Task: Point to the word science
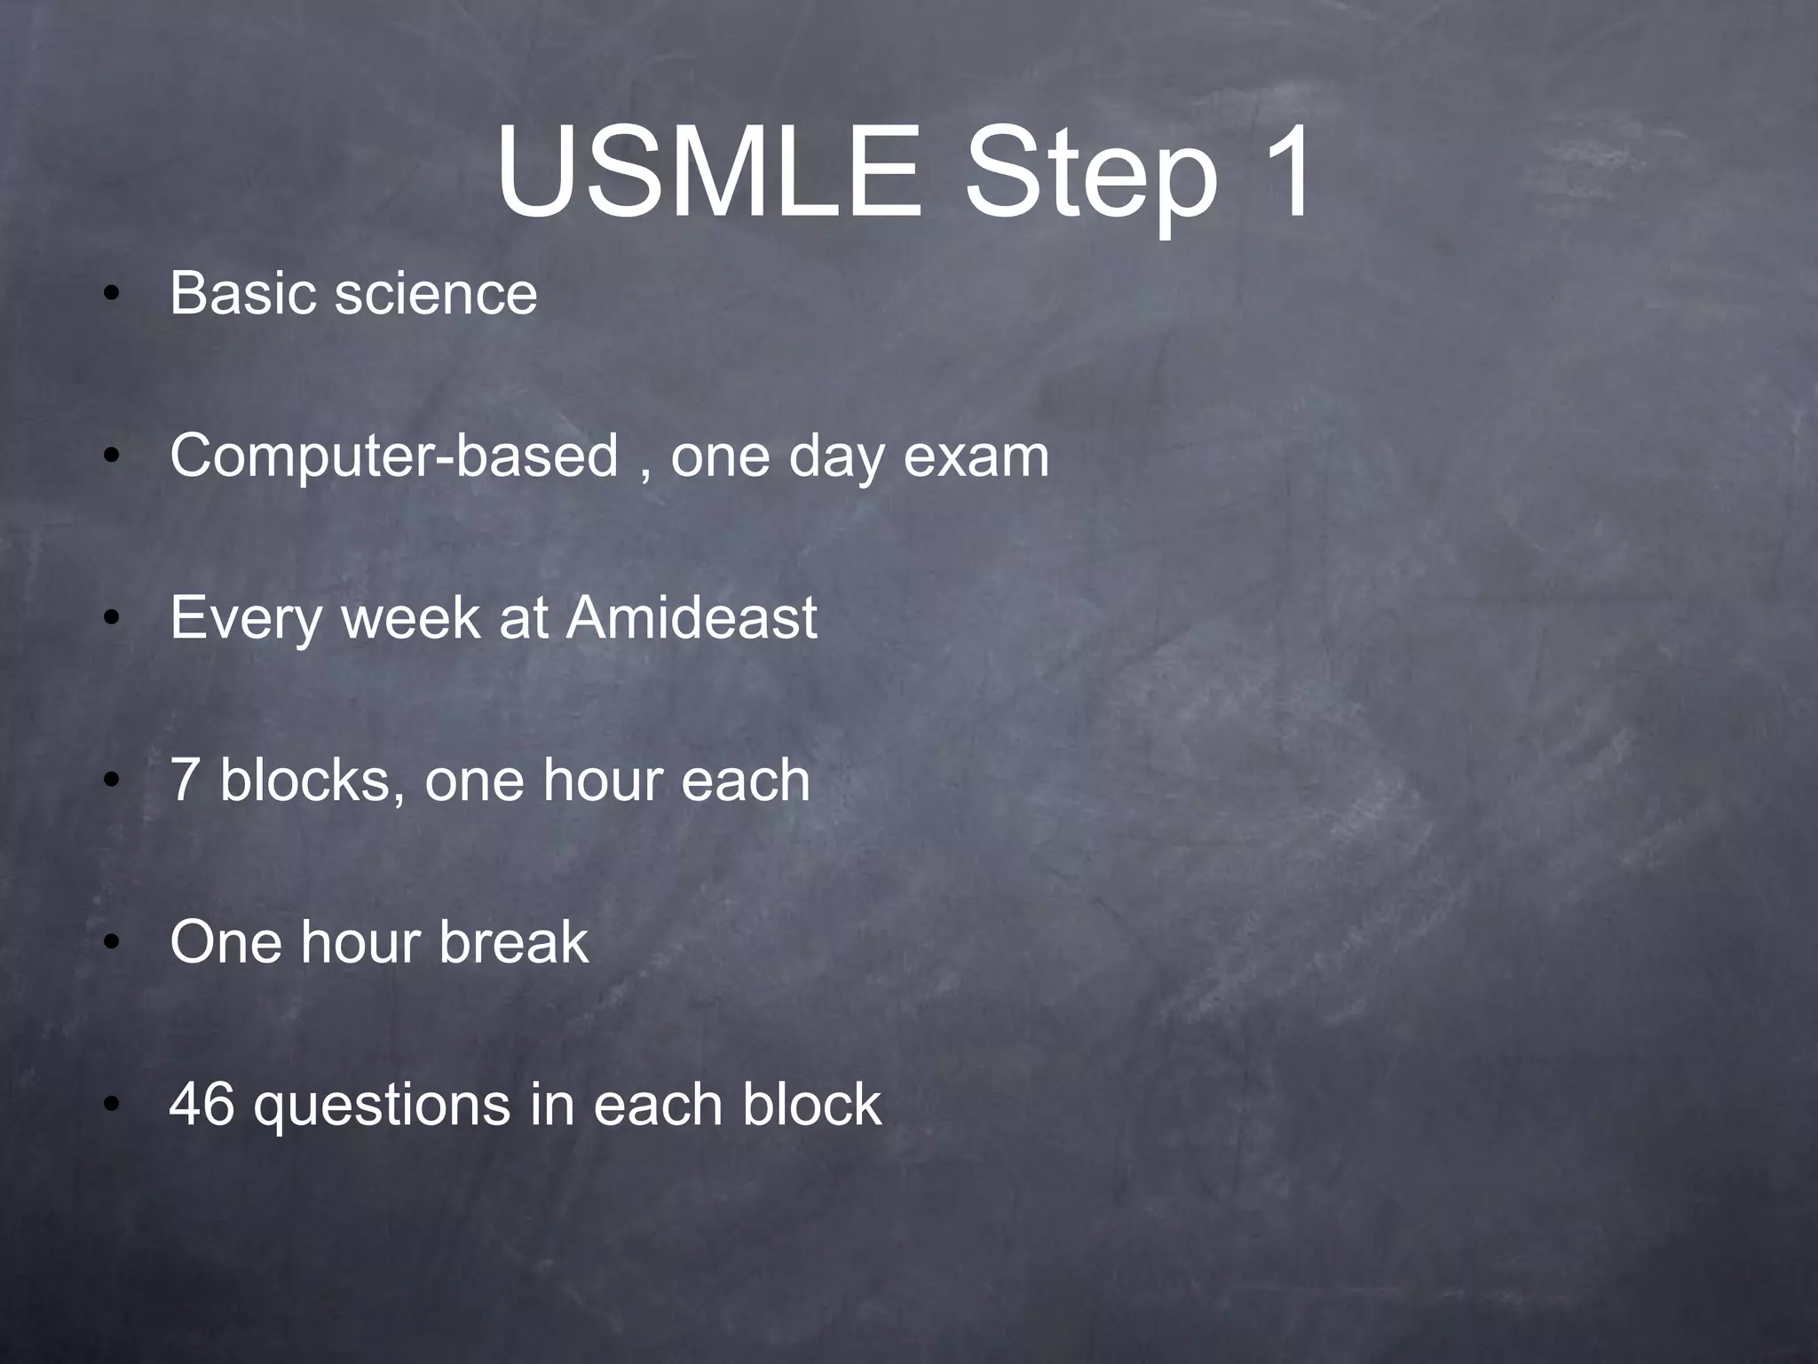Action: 436,295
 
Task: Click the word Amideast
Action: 692,618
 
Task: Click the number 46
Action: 202,1105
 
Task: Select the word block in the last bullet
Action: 812,1105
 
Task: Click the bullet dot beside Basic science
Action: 110,296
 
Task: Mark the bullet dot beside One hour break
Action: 110,945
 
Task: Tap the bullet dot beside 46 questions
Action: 110,1107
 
